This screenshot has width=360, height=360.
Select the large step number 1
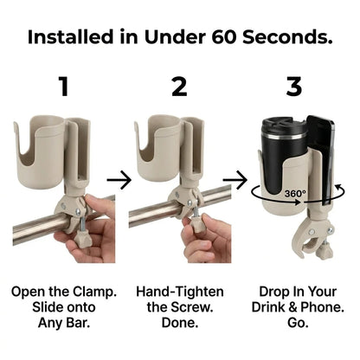[61, 88]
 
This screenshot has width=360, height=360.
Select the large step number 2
[179, 88]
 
